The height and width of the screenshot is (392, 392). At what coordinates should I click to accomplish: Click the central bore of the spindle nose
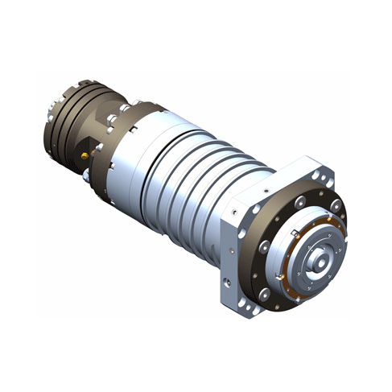point(319,262)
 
